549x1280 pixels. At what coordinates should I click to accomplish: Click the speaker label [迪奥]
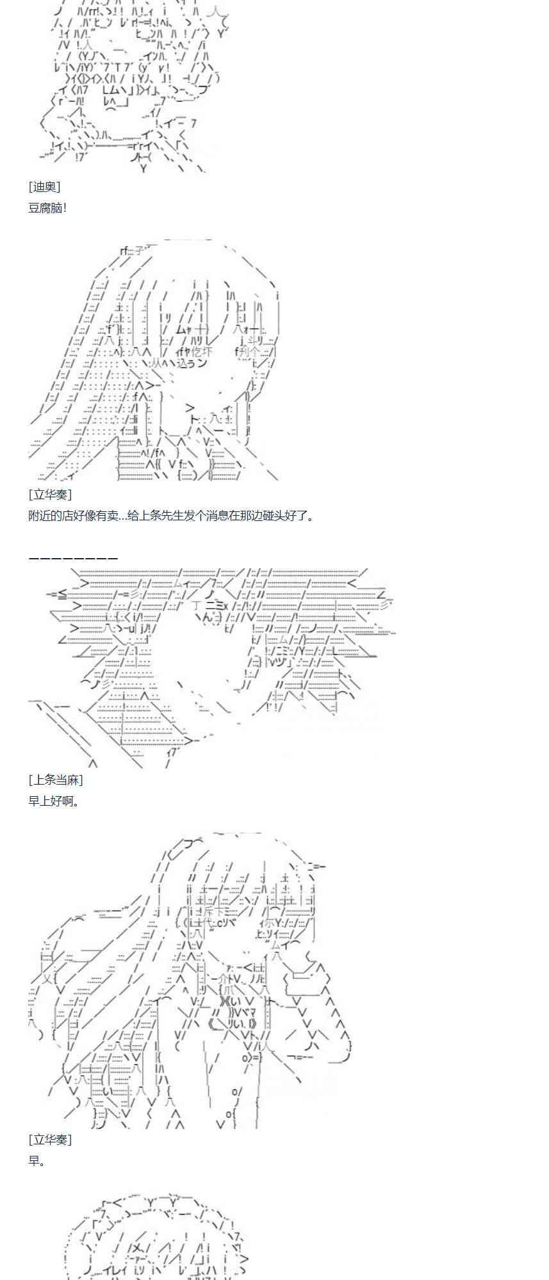coord(44,187)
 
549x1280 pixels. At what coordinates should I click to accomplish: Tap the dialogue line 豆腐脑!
coord(47,208)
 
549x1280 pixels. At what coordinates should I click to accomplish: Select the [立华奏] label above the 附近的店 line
coord(50,494)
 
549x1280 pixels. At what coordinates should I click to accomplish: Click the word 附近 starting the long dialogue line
coord(40,515)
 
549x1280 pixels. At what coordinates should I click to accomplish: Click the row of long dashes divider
coord(73,559)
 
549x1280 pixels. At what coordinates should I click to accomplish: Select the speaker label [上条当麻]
coord(56,780)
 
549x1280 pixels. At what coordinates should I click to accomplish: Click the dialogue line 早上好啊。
coord(54,801)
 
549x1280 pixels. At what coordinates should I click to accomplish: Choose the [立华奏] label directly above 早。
coord(50,1139)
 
